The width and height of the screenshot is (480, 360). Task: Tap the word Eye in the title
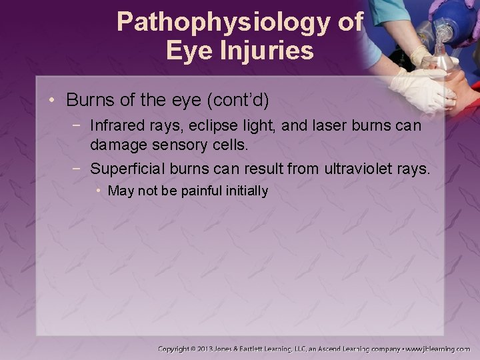[187, 51]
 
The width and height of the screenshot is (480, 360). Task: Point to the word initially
[245, 191]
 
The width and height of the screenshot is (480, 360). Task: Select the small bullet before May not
[98, 191]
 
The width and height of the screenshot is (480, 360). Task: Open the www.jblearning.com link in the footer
[437, 349]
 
